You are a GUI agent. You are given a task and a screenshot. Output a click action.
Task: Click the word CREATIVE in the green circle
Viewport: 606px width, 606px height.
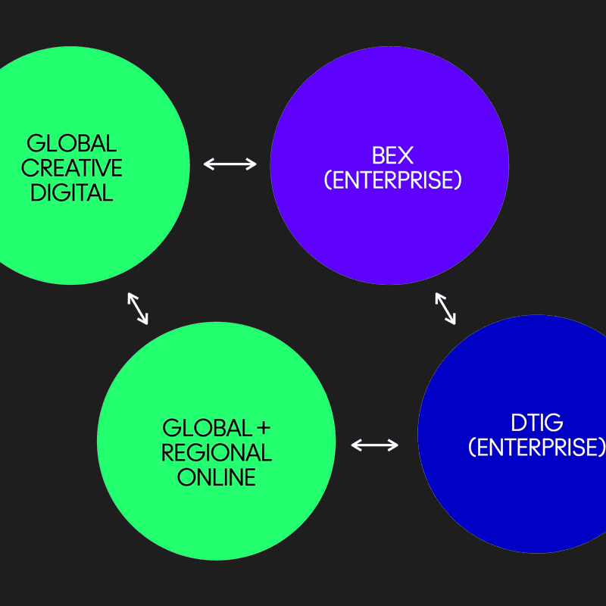point(72,167)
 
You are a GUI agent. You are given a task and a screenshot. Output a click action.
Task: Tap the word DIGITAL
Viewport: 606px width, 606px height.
point(72,192)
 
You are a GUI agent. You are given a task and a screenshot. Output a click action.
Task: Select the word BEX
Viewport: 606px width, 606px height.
point(392,156)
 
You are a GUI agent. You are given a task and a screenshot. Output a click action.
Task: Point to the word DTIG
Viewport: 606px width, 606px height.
point(536,423)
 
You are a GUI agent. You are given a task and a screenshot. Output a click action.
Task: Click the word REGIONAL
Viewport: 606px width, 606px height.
point(217,453)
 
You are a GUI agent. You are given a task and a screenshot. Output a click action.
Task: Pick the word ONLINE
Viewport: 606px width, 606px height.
point(217,477)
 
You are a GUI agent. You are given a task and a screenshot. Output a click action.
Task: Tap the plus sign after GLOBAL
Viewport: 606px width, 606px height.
point(263,429)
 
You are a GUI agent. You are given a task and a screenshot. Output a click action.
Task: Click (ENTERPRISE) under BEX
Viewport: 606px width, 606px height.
point(392,180)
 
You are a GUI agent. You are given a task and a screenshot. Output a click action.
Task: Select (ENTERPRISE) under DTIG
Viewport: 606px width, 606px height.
point(536,447)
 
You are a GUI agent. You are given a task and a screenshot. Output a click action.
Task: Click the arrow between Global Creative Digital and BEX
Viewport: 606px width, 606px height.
point(230,164)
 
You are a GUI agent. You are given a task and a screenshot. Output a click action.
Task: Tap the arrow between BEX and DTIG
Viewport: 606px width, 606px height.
point(445,308)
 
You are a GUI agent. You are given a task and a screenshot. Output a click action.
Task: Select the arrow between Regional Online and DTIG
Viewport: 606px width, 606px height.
point(375,445)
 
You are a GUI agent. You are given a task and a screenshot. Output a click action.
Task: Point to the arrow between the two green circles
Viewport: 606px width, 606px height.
point(137,308)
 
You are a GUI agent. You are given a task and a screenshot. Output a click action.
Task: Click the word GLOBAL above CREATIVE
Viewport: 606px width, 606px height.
point(72,143)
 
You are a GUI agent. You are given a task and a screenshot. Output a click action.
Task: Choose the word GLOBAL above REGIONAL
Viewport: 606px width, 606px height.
point(207,429)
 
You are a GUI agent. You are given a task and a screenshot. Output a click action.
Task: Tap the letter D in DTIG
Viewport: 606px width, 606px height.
point(518,423)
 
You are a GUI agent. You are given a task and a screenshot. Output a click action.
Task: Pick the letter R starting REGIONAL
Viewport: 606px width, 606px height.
point(170,453)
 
